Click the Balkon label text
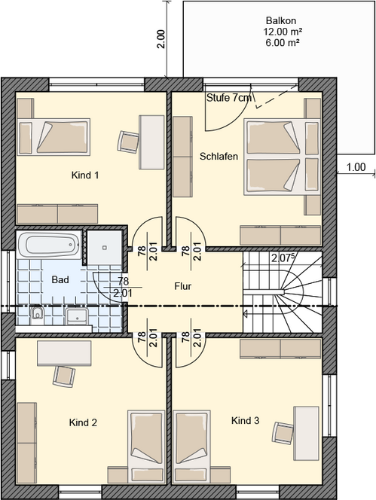point(280,21)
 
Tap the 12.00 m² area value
point(280,32)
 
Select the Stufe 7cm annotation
point(230,98)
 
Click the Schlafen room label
point(219,157)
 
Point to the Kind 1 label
point(85,175)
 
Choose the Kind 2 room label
point(83,422)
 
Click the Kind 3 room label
point(246,420)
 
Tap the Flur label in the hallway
point(183,286)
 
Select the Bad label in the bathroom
point(60,279)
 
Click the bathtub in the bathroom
point(48,245)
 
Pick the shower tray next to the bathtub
point(103,245)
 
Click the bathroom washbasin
point(78,316)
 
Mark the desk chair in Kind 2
point(64,374)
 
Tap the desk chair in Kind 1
point(129,140)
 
